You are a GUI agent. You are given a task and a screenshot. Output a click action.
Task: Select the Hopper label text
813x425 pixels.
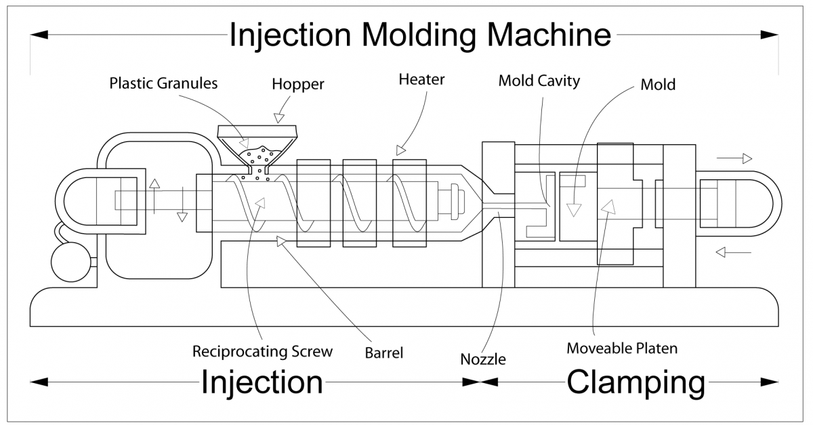coord(298,85)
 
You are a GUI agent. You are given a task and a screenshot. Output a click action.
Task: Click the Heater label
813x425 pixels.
coord(421,80)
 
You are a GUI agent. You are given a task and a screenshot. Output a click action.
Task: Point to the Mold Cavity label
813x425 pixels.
coord(539,81)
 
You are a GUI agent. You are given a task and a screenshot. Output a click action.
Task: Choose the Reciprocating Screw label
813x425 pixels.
coord(262,351)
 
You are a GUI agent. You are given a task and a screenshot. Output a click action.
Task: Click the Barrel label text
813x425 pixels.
coord(384,352)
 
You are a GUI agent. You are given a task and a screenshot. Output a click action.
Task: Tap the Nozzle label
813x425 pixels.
coord(482,359)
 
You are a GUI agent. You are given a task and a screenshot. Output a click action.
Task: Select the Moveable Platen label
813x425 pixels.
coord(622,349)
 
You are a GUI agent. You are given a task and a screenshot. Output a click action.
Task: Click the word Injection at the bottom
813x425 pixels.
coord(262,382)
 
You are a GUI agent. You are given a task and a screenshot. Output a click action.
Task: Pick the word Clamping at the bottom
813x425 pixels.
coord(635,382)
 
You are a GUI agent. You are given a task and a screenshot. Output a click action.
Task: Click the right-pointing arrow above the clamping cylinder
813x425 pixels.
coord(734,159)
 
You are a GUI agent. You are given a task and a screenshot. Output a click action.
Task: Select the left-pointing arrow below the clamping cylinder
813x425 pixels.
coord(733,252)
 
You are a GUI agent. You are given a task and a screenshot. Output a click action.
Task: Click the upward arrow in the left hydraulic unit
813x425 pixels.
coord(154,187)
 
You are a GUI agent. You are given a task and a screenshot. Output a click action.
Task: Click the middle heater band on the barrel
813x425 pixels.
coord(360,203)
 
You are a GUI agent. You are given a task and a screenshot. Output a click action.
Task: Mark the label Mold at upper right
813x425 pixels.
coord(658,85)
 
